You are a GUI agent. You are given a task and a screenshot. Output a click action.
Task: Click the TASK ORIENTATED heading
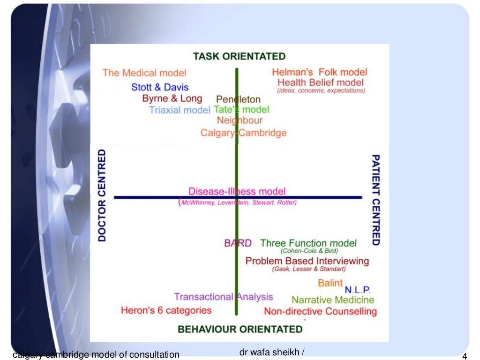(239, 56)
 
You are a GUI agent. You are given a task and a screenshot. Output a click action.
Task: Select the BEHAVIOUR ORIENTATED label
(240, 329)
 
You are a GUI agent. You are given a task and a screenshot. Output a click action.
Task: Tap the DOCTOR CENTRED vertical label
(102, 195)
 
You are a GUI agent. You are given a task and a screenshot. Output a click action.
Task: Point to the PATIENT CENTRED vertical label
(375, 200)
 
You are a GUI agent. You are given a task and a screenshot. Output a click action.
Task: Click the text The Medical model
(144, 73)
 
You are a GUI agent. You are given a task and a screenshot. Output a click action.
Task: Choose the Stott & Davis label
(160, 87)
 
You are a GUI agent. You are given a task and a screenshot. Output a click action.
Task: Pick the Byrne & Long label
(172, 98)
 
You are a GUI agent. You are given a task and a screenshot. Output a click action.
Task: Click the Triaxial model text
(180, 110)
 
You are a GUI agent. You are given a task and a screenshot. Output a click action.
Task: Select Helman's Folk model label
(319, 72)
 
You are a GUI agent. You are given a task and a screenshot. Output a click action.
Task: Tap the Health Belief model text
(321, 82)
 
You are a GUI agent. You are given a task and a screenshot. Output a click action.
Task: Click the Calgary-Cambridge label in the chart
(243, 133)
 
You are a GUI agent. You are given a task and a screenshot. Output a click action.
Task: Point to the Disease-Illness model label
(237, 191)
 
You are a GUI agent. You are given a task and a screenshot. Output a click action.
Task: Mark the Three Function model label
(308, 243)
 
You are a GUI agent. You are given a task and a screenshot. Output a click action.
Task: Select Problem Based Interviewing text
(307, 261)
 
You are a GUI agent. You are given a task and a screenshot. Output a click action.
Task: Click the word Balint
(330, 283)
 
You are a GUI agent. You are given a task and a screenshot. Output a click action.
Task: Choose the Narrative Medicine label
(333, 300)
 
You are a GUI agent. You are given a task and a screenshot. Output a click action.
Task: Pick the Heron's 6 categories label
(166, 310)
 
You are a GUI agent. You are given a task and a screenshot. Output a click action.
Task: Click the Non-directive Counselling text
(320, 311)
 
